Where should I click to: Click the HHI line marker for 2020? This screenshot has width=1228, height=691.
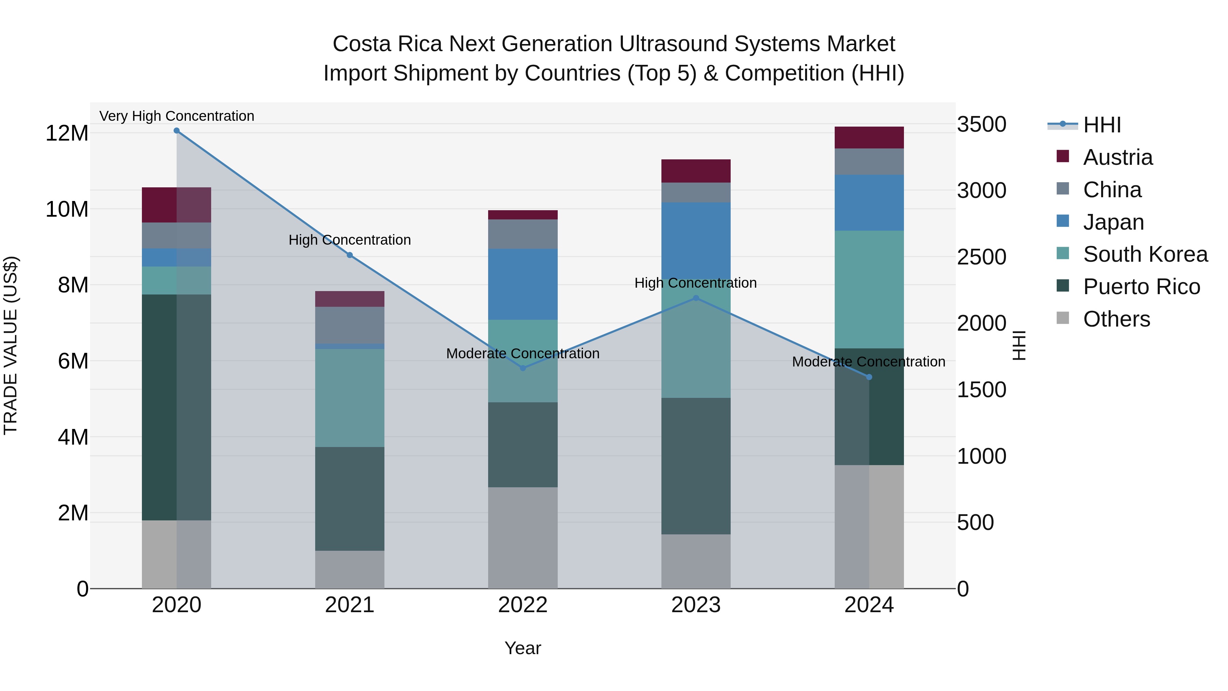click(176, 131)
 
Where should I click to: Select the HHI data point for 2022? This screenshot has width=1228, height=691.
click(523, 368)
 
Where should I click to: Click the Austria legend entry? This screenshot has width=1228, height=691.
click(1117, 157)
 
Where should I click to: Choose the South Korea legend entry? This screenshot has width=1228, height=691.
click(1145, 254)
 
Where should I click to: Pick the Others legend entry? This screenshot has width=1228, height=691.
click(1116, 319)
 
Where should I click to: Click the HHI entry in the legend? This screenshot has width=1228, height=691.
click(1101, 125)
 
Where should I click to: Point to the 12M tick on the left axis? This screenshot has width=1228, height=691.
click(67, 133)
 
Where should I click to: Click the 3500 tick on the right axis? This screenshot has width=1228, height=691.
click(981, 125)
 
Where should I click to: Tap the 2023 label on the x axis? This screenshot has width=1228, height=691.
click(696, 605)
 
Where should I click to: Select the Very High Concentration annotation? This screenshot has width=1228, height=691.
click(177, 116)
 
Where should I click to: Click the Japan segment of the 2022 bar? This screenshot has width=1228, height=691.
click(523, 284)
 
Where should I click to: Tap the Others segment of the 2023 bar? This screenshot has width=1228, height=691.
click(696, 561)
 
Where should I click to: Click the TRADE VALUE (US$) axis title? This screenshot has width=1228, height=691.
click(11, 345)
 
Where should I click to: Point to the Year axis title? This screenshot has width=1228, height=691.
click(523, 648)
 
